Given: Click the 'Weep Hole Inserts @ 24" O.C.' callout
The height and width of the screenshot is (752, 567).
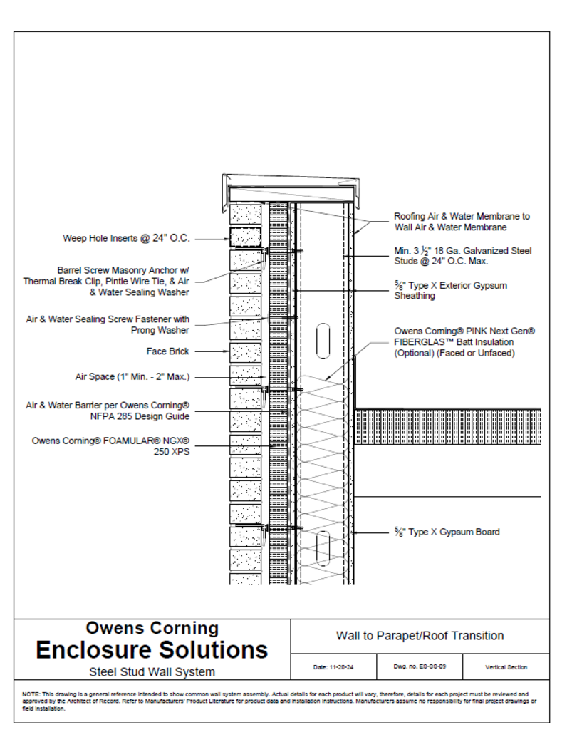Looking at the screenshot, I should click(127, 239).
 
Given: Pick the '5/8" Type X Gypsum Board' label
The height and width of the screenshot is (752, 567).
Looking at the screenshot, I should click(447, 532).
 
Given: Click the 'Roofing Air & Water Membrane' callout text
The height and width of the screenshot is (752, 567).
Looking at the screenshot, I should click(462, 222).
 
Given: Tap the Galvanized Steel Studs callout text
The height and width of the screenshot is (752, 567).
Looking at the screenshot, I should click(463, 256).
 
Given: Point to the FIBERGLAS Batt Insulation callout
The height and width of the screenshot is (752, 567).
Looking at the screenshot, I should click(464, 342).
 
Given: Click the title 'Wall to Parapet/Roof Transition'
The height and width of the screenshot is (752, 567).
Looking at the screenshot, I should click(420, 636).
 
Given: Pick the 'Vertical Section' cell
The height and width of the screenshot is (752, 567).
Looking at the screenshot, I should click(506, 668).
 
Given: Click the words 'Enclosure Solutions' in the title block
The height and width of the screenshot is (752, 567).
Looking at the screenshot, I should click(152, 650).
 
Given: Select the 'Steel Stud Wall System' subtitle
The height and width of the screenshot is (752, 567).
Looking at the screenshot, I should click(152, 671).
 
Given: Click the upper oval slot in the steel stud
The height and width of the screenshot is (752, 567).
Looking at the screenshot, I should click(323, 341).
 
